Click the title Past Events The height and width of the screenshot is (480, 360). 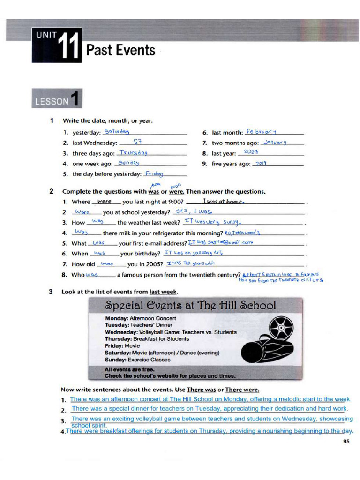120,50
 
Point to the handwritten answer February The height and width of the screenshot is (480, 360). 261,132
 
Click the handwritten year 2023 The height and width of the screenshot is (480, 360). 251,152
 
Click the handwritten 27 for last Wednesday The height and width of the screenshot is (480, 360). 138,142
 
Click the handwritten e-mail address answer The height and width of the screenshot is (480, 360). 220,243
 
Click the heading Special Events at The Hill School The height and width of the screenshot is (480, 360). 190,306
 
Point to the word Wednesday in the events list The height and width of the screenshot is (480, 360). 120,332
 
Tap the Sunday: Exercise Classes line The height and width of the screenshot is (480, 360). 137,360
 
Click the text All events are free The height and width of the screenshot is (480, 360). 129,369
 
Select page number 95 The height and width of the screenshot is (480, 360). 346,441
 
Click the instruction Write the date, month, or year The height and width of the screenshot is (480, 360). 107,121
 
